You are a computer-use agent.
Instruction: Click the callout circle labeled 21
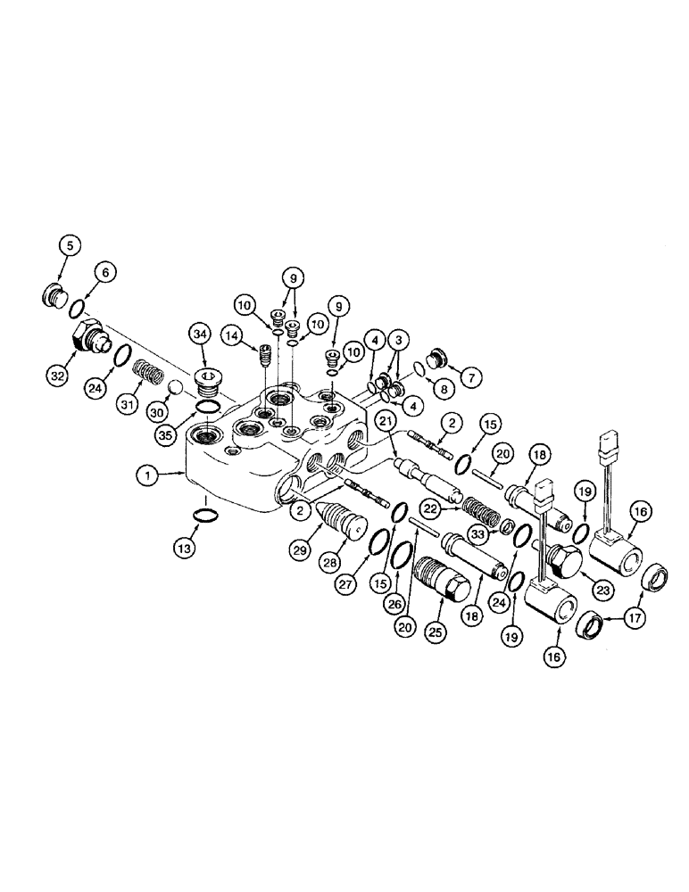point(386,420)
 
